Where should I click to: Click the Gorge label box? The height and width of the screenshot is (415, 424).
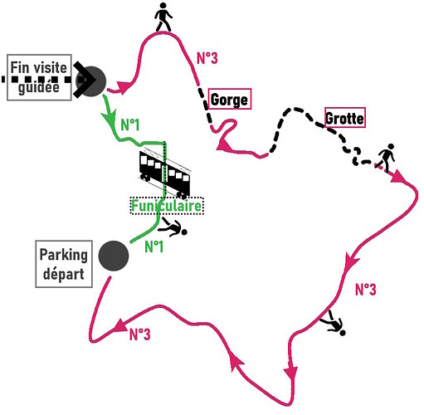coord(230,99)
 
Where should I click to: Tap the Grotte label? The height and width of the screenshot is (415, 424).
coord(345,118)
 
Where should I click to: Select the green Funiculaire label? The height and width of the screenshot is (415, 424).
coord(167,206)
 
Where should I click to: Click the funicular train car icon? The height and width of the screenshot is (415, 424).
coord(165,173)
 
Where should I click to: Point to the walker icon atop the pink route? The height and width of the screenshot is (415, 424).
coord(163,17)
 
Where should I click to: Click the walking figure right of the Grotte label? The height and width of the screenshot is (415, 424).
coord(386,157)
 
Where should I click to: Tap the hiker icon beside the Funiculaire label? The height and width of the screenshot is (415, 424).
coord(173,227)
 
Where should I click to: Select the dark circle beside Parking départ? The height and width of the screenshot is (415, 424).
coord(114,256)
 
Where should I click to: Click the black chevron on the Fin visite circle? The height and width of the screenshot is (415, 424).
coord(85,80)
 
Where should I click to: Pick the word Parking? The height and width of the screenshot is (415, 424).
coord(64,255)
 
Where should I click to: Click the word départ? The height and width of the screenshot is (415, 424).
coord(64,274)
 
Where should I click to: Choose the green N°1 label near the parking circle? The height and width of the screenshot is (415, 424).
coord(154,247)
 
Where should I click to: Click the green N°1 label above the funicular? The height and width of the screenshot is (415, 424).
coord(130,124)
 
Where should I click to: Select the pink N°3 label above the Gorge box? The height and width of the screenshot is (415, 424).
coord(207,58)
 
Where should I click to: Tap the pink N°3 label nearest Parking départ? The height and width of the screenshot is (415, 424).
coord(140,334)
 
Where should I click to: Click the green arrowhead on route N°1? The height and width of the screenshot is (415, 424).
coord(110,118)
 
